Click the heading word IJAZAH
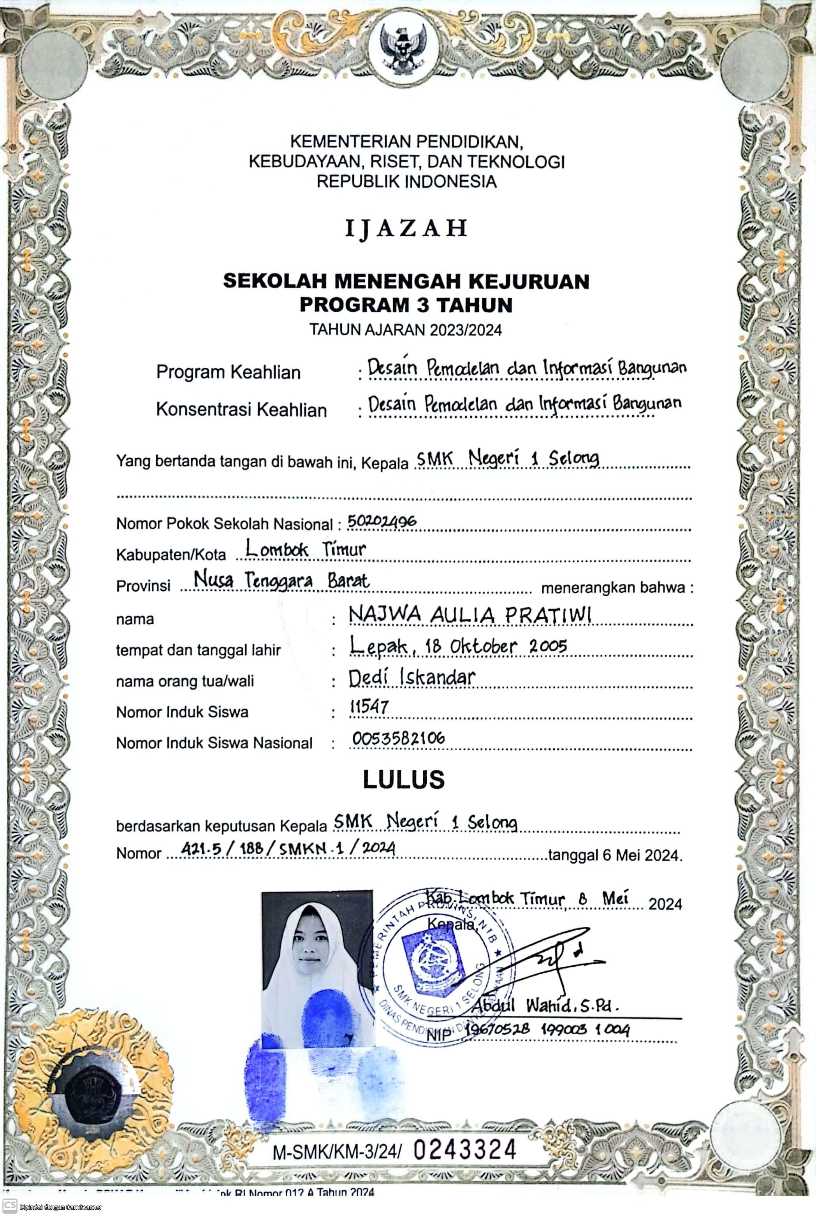tap(406, 228)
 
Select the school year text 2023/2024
tap(465, 330)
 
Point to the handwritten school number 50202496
tap(382, 521)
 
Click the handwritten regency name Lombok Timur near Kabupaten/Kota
tap(306, 549)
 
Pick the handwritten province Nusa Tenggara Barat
tap(281, 580)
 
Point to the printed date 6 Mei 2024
tap(641, 855)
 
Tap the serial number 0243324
tap(465, 1149)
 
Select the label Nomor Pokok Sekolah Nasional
tap(224, 524)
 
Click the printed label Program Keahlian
tap(229, 372)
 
